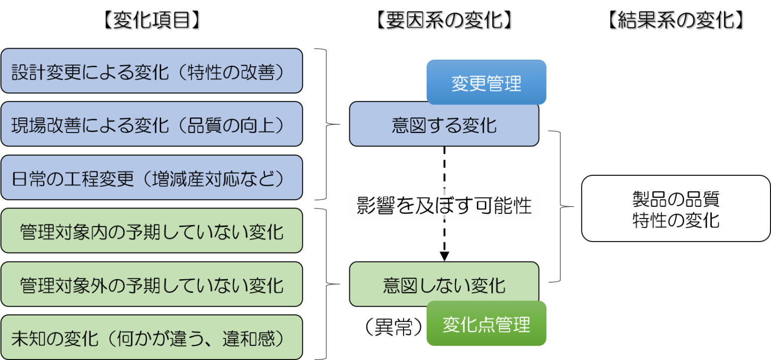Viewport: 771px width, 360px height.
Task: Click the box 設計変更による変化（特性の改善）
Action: [151, 71]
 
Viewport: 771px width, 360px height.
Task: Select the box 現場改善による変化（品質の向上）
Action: [151, 124]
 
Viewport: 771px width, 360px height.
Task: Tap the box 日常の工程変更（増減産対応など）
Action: [151, 177]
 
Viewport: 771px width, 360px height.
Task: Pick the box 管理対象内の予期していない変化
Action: [151, 231]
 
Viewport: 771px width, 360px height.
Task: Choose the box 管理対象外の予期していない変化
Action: [151, 284]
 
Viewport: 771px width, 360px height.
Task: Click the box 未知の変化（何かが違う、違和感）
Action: [151, 337]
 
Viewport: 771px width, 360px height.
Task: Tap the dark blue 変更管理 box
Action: [486, 82]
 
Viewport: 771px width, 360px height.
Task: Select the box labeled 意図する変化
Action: [444, 124]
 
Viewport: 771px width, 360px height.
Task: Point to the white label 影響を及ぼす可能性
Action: [444, 204]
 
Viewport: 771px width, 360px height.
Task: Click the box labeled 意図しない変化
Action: [444, 284]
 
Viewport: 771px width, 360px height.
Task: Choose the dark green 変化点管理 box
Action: [486, 323]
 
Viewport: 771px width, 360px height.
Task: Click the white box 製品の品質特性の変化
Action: [676, 208]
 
